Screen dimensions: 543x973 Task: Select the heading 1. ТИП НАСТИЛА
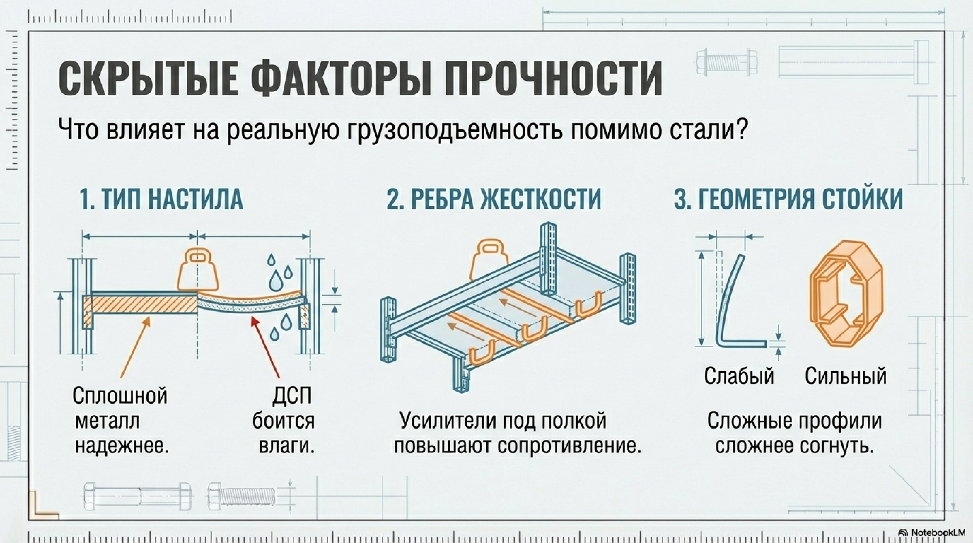161,199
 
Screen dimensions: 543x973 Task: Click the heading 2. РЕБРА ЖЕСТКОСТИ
494,199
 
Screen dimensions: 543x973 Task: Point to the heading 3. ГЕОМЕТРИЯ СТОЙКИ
788,199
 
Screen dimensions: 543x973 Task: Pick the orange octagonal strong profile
846,299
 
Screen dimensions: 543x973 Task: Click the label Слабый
739,376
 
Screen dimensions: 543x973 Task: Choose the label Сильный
845,376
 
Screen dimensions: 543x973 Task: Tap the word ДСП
292,396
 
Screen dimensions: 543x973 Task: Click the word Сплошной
120,396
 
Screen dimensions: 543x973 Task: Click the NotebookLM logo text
937,532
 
